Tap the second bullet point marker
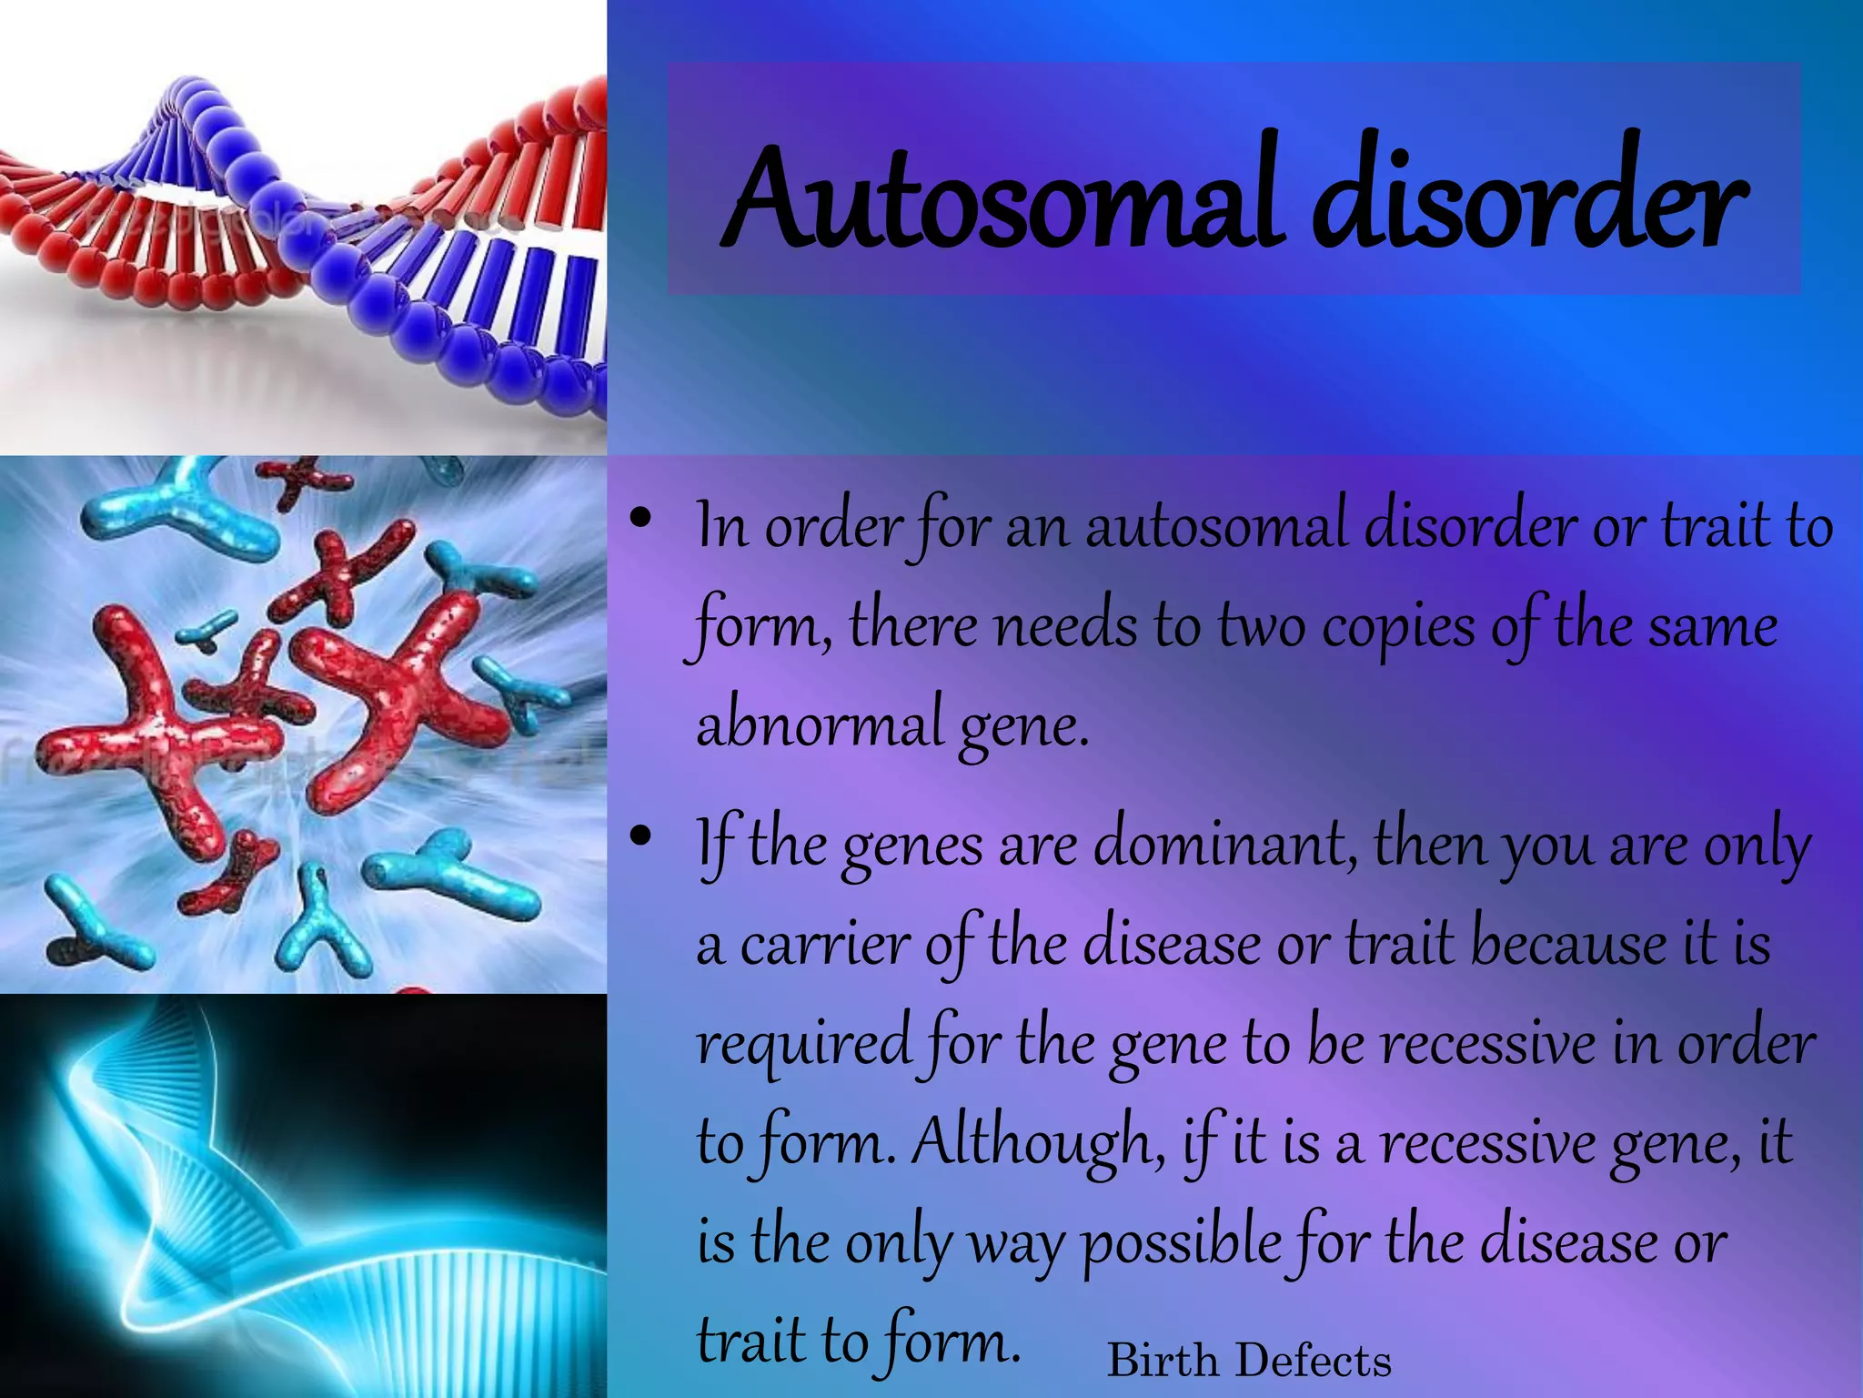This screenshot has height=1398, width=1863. pyautogui.click(x=641, y=836)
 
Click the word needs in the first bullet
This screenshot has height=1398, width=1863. pyautogui.click(x=1065, y=628)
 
